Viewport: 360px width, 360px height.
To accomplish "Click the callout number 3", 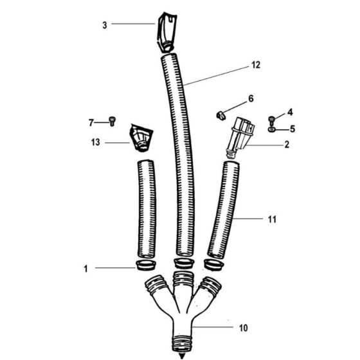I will pos(104,25).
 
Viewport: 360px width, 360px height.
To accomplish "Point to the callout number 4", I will pos(290,112).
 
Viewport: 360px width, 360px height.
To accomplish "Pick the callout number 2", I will pos(286,144).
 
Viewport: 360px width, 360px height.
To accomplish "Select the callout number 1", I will pos(85,270).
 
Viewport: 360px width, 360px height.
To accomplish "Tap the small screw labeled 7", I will pos(114,120).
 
